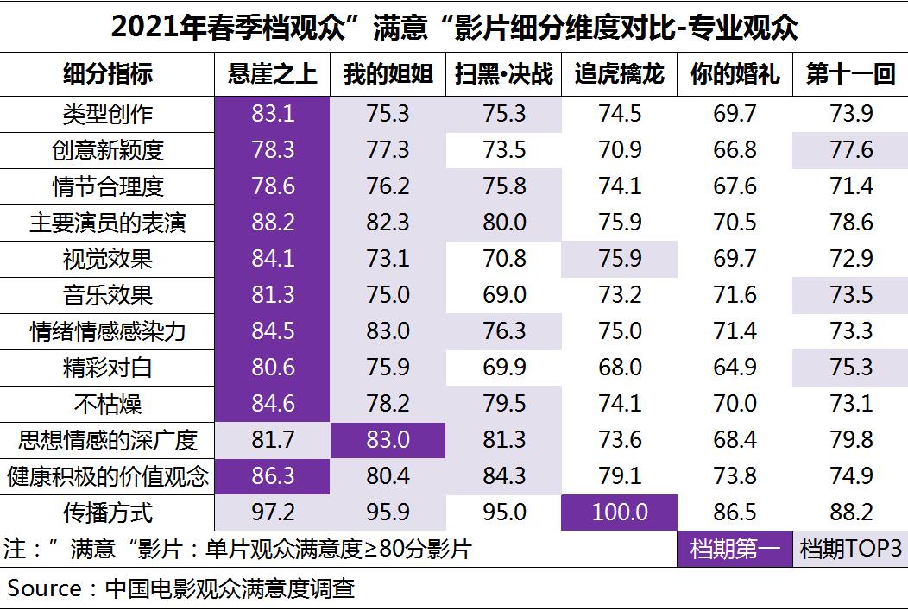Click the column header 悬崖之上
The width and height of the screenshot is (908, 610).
273,75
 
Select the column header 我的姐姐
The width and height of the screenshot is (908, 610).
388,75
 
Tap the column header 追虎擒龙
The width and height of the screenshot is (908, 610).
619,75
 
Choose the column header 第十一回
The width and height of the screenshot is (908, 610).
850,75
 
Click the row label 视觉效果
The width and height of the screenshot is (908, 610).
108,259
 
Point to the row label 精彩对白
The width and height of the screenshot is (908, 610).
108,368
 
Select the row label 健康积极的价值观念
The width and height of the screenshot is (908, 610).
108,476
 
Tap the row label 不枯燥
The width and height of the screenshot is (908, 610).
108,404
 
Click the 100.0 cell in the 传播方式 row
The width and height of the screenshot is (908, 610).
619,513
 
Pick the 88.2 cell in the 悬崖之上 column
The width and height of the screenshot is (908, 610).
273,223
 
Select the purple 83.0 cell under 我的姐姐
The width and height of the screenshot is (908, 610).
388,440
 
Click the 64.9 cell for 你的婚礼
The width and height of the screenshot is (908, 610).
735,368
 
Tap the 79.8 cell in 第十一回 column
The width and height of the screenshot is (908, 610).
850,440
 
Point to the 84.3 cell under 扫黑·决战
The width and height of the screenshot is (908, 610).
504,476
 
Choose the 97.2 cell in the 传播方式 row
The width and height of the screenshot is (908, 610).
273,513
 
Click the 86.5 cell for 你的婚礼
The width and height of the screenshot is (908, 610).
735,513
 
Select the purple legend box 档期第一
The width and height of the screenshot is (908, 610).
735,549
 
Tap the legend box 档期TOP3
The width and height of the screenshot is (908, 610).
850,549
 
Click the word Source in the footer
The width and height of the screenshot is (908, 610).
45,588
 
